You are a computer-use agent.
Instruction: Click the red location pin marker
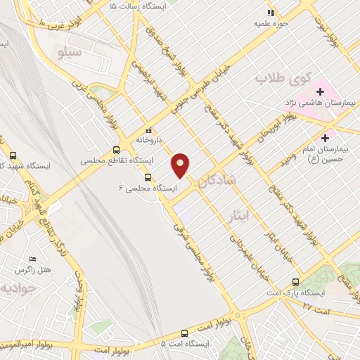(x=181, y=165)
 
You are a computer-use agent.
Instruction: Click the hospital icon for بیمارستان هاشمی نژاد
(x=320, y=91)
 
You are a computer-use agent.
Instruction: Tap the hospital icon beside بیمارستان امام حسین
(x=325, y=137)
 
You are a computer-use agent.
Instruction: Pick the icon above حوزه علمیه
(x=270, y=12)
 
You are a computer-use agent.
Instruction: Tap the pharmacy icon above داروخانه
(x=148, y=130)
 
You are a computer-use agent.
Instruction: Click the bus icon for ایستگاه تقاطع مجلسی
(x=116, y=150)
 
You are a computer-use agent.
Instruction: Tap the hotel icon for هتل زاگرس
(x=31, y=259)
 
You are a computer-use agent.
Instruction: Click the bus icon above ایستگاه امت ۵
(x=184, y=333)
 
